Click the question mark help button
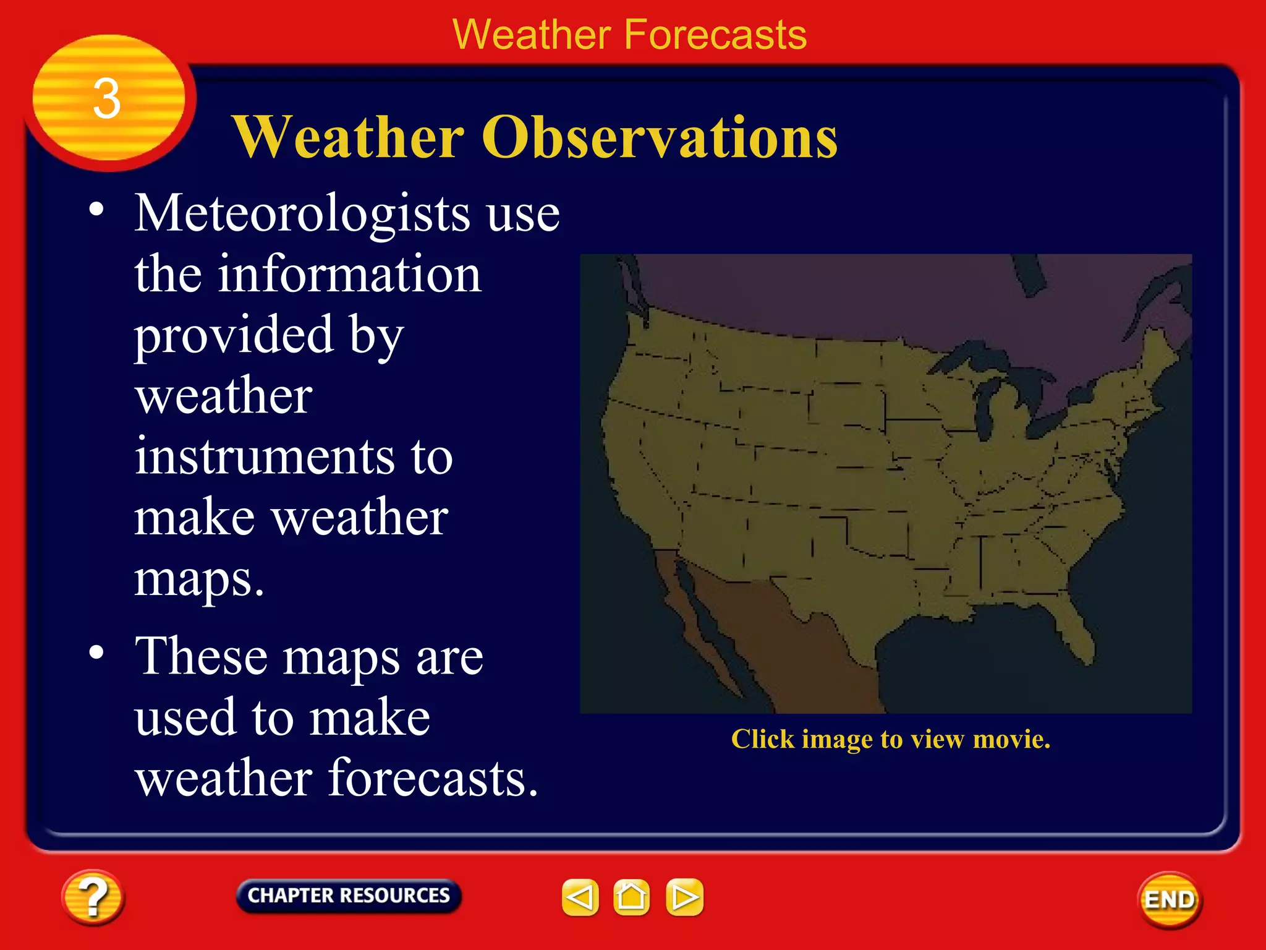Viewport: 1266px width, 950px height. point(93,897)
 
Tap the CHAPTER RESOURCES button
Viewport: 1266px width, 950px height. point(349,896)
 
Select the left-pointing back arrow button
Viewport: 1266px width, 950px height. point(580,897)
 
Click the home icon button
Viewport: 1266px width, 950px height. point(631,897)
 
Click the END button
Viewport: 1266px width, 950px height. point(1169,900)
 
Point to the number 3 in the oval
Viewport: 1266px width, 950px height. point(107,99)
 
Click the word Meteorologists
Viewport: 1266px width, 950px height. point(302,214)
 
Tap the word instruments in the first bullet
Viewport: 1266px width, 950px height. point(265,456)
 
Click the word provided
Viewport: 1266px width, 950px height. point(234,335)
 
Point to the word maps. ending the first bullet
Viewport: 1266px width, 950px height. point(199,579)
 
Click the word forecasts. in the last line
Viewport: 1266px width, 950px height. point(433,777)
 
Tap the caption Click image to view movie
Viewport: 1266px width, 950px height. point(890,739)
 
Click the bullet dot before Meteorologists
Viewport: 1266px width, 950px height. point(96,210)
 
